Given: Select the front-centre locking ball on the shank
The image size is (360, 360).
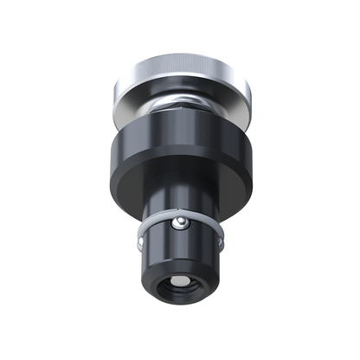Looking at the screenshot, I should [x=180, y=226].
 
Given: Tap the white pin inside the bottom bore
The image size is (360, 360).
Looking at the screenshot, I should [x=181, y=285].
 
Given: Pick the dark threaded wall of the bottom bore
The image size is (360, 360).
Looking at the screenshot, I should [x=191, y=285].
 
